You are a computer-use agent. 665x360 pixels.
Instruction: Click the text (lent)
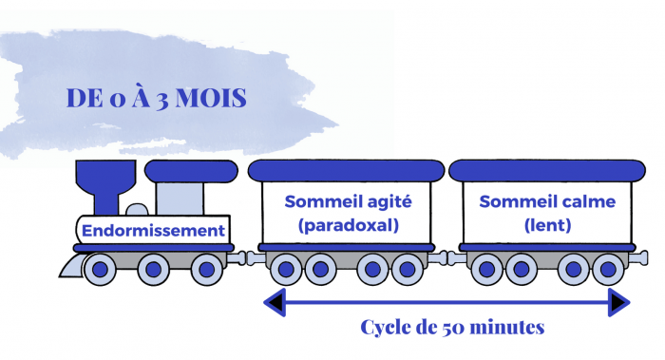click(x=547, y=226)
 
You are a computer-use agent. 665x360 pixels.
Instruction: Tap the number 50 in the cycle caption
click(x=453, y=329)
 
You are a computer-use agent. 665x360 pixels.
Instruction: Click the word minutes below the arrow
click(x=509, y=329)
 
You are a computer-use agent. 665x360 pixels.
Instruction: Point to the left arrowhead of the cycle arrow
click(x=273, y=303)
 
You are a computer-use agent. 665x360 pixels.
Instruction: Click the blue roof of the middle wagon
click(x=346, y=171)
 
